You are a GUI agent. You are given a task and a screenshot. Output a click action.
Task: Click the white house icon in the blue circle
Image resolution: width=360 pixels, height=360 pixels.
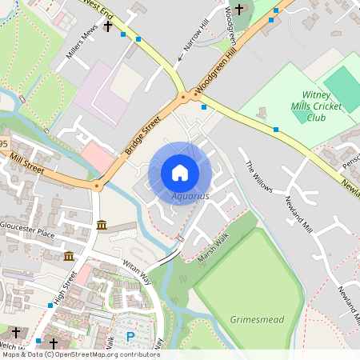click(x=180, y=173)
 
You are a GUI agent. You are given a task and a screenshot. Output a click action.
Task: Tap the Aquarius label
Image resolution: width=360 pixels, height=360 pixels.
click(x=190, y=195)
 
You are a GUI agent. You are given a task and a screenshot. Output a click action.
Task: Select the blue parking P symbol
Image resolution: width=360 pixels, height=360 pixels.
click(x=130, y=337)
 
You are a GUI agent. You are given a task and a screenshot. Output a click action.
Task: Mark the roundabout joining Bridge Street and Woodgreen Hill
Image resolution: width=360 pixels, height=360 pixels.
click(x=184, y=97)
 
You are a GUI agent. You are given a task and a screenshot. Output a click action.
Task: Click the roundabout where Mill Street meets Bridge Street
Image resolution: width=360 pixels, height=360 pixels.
click(x=97, y=186)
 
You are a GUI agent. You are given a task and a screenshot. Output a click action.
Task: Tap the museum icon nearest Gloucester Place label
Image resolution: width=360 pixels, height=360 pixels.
click(x=102, y=226)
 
